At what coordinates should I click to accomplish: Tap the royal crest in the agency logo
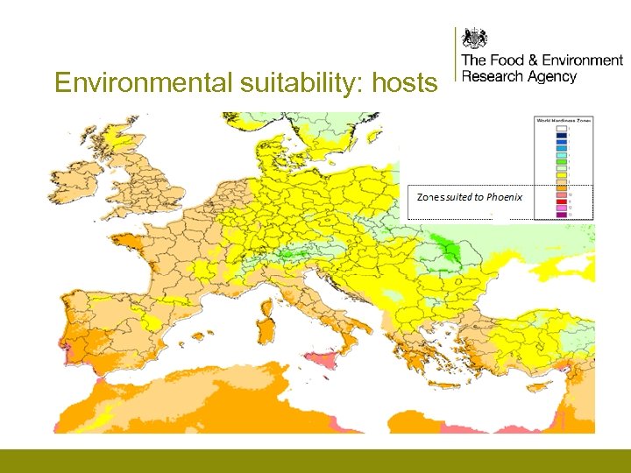click(x=475, y=39)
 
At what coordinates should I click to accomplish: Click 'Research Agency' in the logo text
click(x=519, y=76)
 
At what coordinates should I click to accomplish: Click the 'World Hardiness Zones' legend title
click(x=564, y=120)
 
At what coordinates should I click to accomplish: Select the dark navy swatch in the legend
click(x=562, y=135)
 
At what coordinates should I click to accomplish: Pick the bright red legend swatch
click(x=562, y=201)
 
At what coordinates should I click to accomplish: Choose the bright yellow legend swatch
click(x=562, y=175)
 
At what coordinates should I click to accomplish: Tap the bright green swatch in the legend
click(x=562, y=160)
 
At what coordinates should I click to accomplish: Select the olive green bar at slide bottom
click(x=315, y=461)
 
